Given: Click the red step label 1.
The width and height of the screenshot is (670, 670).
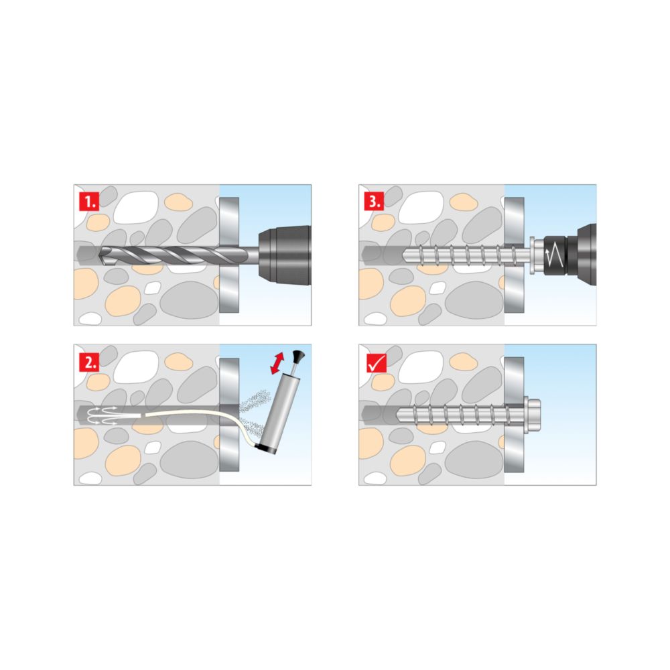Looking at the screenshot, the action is click(89, 201).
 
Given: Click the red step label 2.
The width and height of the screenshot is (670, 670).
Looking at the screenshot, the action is click(89, 362).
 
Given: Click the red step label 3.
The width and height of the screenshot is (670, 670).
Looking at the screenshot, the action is click(375, 201).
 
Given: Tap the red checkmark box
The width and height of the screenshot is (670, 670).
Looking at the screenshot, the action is click(377, 363).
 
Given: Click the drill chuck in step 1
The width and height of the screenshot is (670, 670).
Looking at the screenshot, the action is click(285, 255).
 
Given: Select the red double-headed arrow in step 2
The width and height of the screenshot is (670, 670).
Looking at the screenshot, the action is click(278, 362).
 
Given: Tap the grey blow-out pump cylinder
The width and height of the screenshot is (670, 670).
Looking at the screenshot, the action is click(273, 413).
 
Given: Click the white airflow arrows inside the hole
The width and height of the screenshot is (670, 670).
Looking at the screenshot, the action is click(103, 415).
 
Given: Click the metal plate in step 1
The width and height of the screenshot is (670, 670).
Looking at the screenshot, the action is click(229, 255).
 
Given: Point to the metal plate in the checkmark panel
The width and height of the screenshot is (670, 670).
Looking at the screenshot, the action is click(514, 415).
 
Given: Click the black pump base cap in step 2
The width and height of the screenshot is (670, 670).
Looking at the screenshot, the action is click(265, 449).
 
